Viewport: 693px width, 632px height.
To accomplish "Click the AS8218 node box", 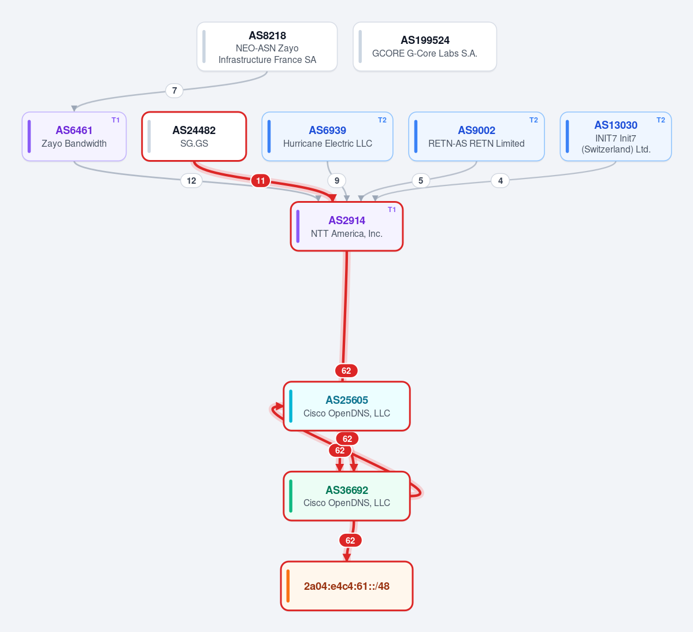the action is (x=267, y=46).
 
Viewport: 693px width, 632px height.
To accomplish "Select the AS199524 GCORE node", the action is (x=425, y=46).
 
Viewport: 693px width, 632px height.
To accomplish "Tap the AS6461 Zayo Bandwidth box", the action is (x=74, y=136).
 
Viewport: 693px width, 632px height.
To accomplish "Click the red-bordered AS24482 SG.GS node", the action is (x=194, y=136).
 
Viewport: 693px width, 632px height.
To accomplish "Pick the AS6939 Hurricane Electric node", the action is (x=328, y=136).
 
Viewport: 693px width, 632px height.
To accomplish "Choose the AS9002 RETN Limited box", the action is (x=476, y=136).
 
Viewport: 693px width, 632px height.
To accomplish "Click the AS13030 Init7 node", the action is (x=616, y=136).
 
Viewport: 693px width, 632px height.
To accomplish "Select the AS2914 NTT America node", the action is (x=347, y=226).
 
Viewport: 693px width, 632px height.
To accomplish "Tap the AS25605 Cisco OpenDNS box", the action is (x=347, y=406).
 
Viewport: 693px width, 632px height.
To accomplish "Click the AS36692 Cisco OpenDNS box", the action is (x=347, y=496).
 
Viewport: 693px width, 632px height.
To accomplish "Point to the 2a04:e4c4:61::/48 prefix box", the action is (x=347, y=586).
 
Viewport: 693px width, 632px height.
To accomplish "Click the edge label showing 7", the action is (x=175, y=91).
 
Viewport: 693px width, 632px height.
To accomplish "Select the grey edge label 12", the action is (x=191, y=181).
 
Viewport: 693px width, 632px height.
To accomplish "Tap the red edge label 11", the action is (x=261, y=181).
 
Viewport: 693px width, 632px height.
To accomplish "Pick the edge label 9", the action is (x=337, y=181).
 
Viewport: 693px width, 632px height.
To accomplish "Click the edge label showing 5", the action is (x=421, y=181).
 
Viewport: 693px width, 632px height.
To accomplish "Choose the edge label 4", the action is (x=501, y=181).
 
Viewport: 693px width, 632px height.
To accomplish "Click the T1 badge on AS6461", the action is (x=116, y=120).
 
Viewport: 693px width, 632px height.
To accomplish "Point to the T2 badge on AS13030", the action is (x=661, y=120).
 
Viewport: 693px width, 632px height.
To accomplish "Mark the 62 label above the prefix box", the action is (x=350, y=541).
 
